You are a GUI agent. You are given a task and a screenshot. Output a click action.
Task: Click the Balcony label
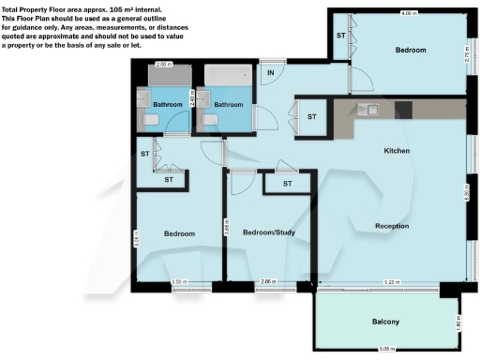pyautogui.click(x=385, y=322)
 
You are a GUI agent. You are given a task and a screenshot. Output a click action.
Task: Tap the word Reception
pyautogui.click(x=391, y=226)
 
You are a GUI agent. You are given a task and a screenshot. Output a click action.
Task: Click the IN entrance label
pyautogui.click(x=271, y=72)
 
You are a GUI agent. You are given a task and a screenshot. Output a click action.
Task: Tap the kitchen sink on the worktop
pyautogui.click(x=371, y=109)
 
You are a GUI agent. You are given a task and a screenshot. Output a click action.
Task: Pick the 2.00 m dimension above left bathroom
pyautogui.click(x=163, y=64)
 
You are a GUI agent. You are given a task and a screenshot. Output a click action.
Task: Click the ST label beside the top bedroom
pyautogui.click(x=340, y=35)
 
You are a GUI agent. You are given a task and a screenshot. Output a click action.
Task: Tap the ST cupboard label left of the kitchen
pyautogui.click(x=311, y=117)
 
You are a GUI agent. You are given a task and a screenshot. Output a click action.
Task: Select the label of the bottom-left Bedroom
pyautogui.click(x=179, y=233)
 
